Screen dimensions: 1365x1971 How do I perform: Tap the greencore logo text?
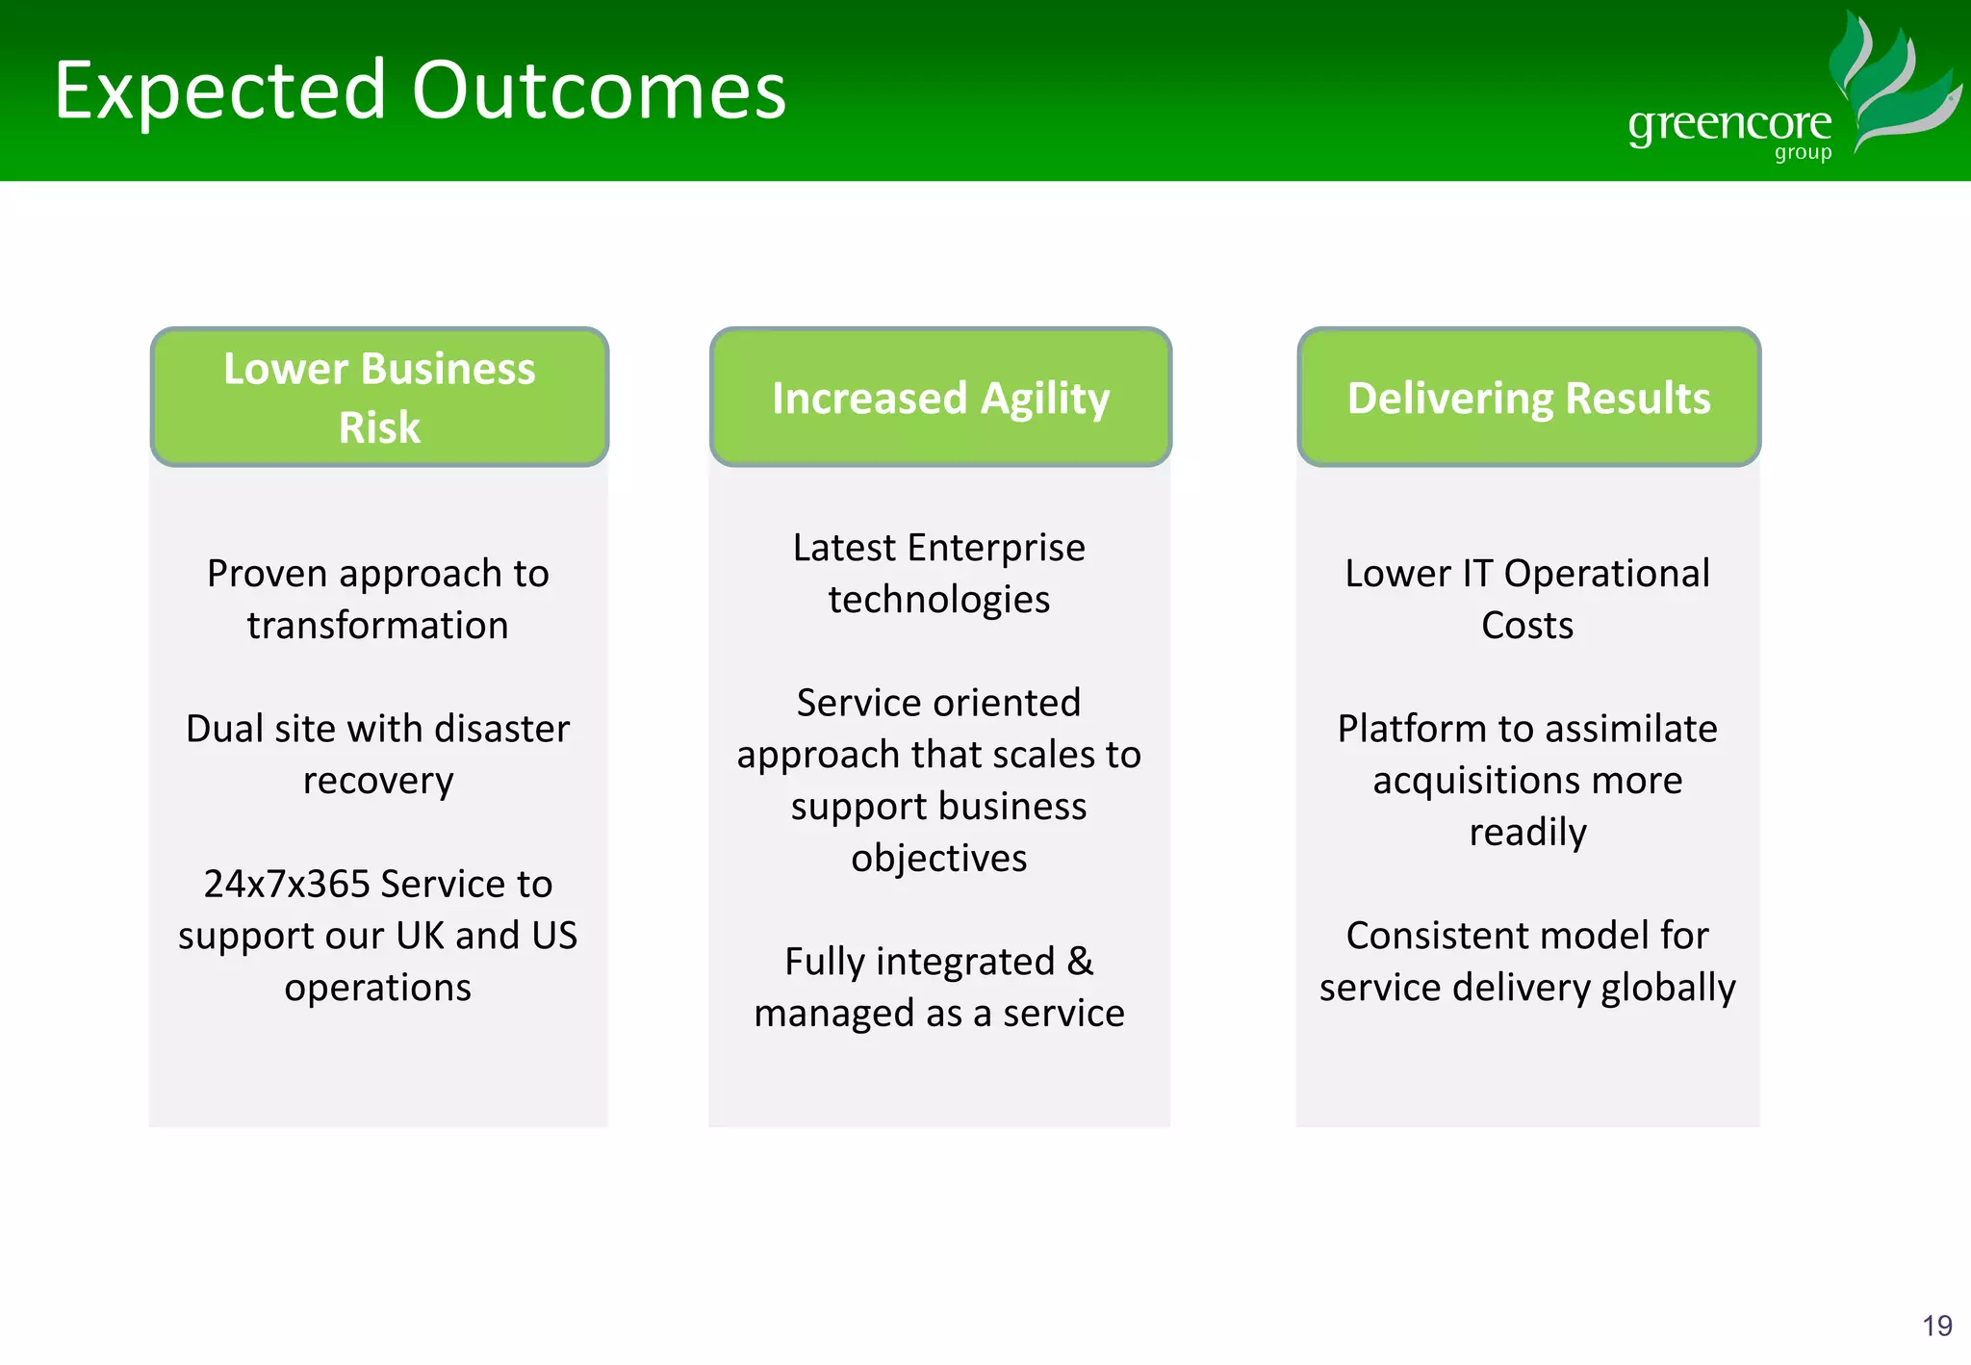coord(1729,124)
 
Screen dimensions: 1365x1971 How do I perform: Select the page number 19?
coord(1936,1326)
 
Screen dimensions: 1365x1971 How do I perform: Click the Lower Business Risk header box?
coord(379,398)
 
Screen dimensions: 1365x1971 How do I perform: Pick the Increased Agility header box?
coord(940,398)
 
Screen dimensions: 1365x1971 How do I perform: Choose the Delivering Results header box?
coord(1528,398)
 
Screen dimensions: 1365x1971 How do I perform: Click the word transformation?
coord(377,626)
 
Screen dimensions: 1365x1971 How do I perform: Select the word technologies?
coord(938,600)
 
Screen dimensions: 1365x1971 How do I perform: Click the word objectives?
coord(938,858)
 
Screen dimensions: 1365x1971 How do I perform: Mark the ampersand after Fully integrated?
coord(1080,961)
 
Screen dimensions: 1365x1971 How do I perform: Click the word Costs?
coord(1527,626)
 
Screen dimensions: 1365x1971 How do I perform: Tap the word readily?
coord(1527,833)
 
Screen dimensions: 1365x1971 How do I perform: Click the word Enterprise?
coord(996,548)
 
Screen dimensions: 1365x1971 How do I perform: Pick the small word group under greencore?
coord(1803,153)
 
